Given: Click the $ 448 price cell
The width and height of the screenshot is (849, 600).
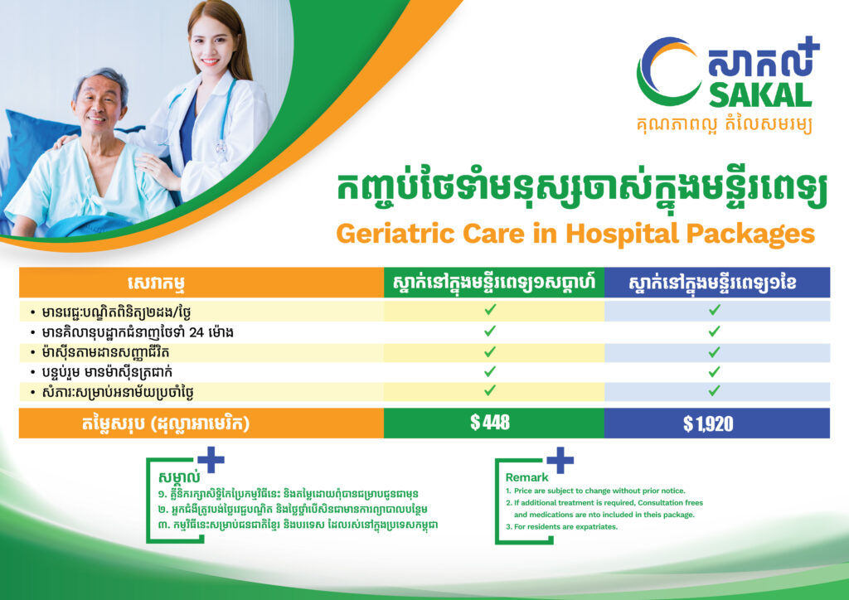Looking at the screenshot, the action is [494, 423].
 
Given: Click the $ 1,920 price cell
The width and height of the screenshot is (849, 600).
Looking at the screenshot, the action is [717, 423].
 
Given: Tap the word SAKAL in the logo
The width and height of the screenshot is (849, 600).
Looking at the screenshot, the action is [761, 96].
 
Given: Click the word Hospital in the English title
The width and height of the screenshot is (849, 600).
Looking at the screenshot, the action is [622, 235].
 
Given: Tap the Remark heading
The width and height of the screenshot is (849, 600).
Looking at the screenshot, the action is [526, 477].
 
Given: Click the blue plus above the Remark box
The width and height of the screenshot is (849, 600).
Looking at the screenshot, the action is [560, 461].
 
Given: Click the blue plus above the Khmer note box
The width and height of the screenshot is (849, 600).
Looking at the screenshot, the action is [211, 460].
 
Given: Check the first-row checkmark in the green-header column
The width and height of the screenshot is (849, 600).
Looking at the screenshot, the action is [491, 309].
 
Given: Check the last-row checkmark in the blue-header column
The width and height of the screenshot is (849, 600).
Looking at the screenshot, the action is [715, 390].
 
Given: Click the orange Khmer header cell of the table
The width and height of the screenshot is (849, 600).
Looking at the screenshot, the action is [201, 283].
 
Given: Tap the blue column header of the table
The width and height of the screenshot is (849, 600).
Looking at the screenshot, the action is [717, 283].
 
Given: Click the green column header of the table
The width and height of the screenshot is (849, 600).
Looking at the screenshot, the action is [494, 283].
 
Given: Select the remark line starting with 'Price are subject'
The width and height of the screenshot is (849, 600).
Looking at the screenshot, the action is [595, 491].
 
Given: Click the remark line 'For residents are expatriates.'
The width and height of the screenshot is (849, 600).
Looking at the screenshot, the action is [561, 526].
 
